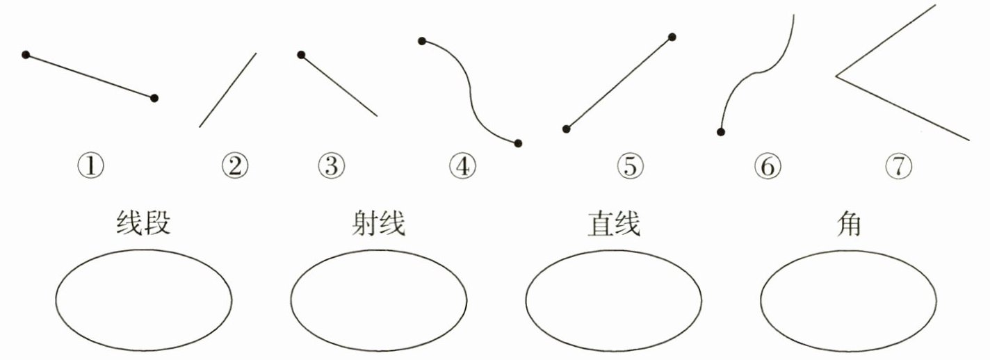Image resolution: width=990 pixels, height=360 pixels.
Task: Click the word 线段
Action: pyautogui.click(x=142, y=224)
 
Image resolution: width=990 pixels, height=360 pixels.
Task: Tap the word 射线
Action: pyautogui.click(x=378, y=224)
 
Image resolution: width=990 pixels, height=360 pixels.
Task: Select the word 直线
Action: pyautogui.click(x=612, y=224)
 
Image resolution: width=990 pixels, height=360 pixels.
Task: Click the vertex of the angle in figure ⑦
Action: pyautogui.click(x=836, y=76)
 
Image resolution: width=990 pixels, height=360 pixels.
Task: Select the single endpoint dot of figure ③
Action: pyautogui.click(x=301, y=55)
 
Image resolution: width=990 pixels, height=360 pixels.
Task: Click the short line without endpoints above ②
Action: pyautogui.click(x=227, y=90)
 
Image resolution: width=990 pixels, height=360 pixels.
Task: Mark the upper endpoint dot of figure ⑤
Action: pyautogui.click(x=672, y=37)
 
